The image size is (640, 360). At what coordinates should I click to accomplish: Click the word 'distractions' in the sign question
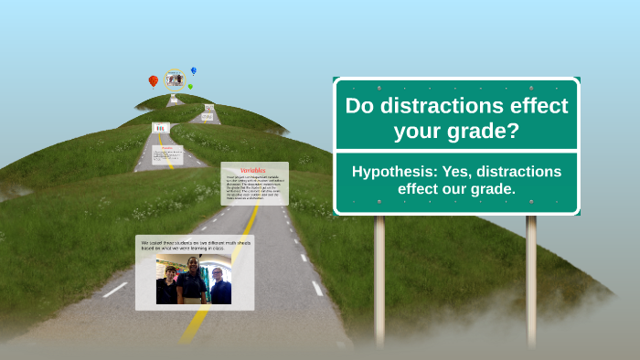(433, 106)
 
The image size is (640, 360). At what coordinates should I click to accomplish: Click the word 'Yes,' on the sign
(460, 172)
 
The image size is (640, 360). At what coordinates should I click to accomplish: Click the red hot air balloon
(154, 81)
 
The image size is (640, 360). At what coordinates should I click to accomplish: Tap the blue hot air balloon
(194, 70)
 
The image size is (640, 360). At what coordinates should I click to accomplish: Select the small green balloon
(190, 86)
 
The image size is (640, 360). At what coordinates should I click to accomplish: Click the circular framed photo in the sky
(174, 79)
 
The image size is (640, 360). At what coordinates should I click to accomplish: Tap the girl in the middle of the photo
(193, 279)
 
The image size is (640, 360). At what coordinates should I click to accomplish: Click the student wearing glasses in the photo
(218, 284)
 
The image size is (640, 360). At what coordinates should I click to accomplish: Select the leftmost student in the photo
(167, 284)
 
